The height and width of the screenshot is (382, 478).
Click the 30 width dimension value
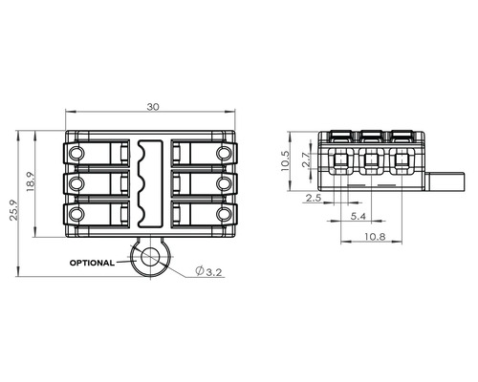(153, 107)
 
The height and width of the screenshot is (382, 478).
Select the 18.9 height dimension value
(31, 182)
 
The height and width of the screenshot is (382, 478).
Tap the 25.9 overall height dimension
(13, 210)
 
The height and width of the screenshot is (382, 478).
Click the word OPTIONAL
(92, 263)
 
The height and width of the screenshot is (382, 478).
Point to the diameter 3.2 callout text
(209, 272)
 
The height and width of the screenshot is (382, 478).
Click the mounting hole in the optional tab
(149, 257)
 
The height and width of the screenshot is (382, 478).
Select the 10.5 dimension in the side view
(285, 161)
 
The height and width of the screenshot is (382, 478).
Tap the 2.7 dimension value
(306, 159)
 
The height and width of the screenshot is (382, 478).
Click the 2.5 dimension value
(314, 198)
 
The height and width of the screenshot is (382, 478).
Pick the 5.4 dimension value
(358, 217)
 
